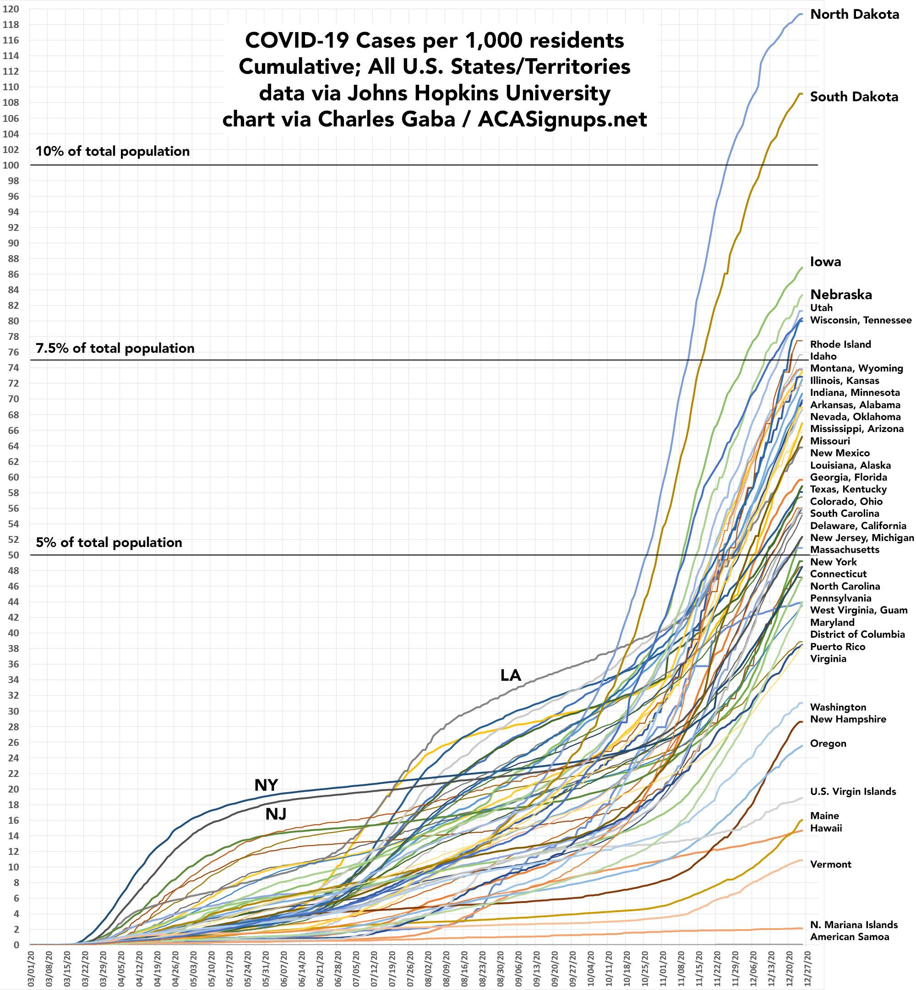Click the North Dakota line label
click(854, 14)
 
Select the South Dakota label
click(854, 97)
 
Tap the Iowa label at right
click(825, 262)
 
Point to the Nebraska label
click(840, 295)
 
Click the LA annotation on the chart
click(511, 675)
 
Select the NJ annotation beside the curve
click(276, 814)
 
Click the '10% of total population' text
click(113, 151)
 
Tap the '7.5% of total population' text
click(115, 348)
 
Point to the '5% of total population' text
click(109, 542)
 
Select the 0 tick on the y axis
click(16, 945)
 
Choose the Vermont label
click(830, 864)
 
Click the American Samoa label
click(849, 936)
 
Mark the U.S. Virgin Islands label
click(852, 792)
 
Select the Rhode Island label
click(840, 344)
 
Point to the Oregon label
click(828, 744)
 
